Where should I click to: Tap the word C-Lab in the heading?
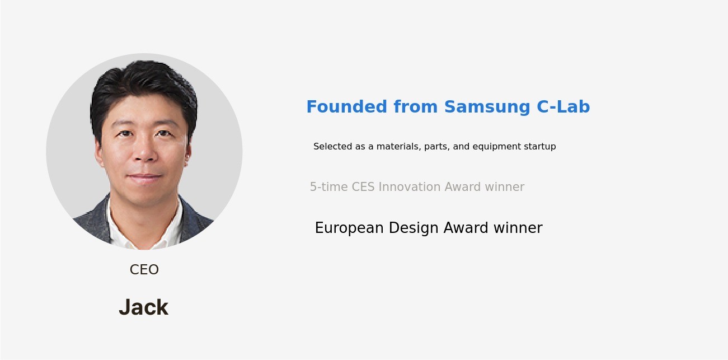click(563, 107)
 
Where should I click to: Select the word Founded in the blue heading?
click(347, 107)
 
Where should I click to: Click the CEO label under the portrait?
click(144, 270)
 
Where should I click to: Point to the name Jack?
click(144, 307)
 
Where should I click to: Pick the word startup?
click(540, 147)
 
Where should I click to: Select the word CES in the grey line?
click(363, 187)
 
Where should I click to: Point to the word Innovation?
click(410, 187)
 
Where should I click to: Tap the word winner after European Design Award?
click(518, 228)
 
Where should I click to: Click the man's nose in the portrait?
click(144, 152)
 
